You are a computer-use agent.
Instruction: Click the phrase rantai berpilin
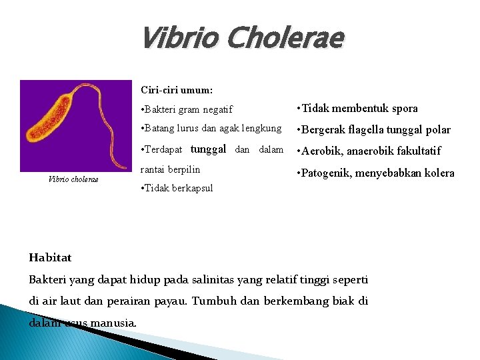(171, 169)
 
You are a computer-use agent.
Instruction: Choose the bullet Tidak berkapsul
(177, 188)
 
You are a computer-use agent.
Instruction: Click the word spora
(404, 108)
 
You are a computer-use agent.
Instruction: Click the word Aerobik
(323, 151)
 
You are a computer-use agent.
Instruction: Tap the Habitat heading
(51, 257)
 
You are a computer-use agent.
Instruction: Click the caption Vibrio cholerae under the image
(74, 179)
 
